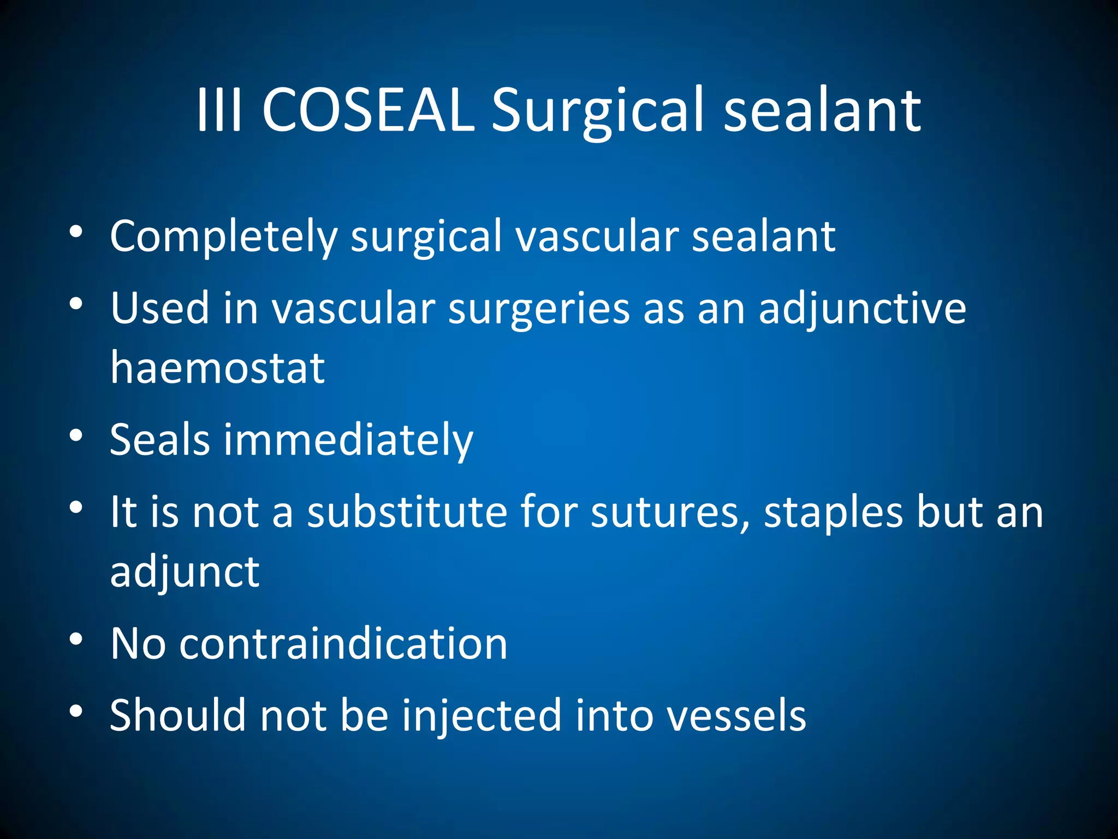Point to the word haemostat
click(217, 367)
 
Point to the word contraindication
click(344, 643)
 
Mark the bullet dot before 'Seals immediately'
click(76, 435)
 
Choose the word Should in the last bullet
click(177, 716)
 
